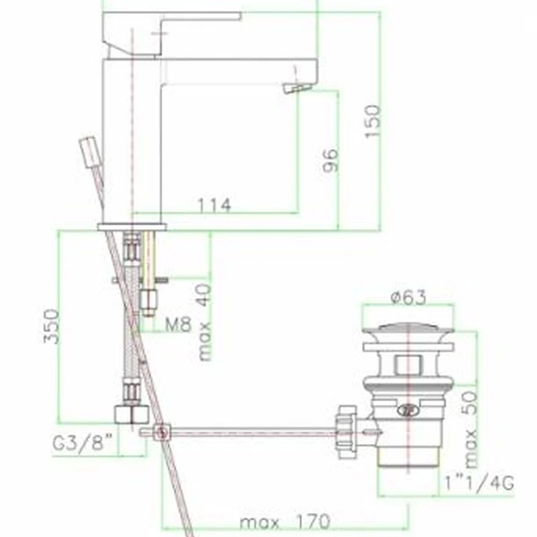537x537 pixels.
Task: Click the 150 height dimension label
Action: [x=373, y=121]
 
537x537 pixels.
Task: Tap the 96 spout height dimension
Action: [x=331, y=160]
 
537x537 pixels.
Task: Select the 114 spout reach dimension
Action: [x=215, y=205]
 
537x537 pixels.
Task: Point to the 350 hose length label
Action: [x=51, y=326]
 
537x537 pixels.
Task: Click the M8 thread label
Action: [x=178, y=324]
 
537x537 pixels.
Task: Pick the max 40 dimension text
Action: [x=205, y=322]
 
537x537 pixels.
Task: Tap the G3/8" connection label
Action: [x=83, y=443]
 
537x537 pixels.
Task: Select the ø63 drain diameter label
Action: [x=409, y=297]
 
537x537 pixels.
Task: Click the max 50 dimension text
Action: [x=471, y=430]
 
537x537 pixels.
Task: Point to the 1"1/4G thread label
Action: [x=479, y=483]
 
